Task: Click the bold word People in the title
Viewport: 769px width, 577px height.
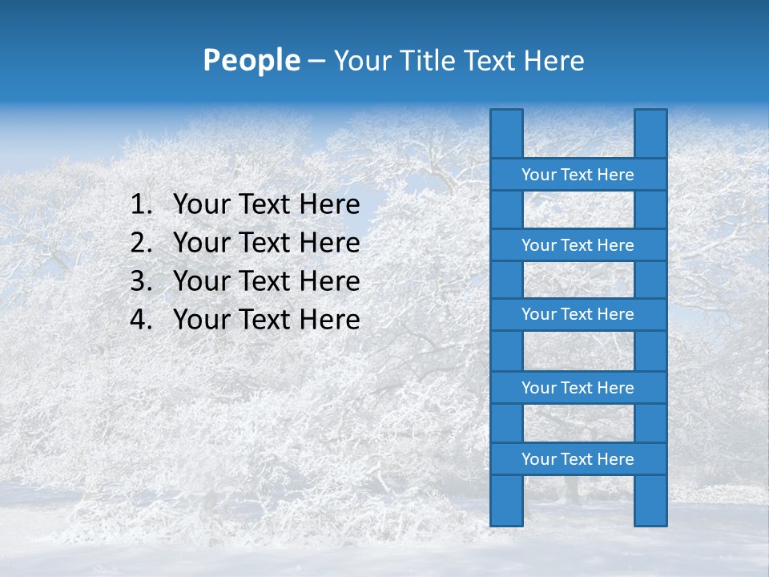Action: point(251,60)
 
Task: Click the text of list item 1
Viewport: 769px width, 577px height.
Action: point(266,205)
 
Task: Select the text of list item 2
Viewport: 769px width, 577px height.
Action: point(266,243)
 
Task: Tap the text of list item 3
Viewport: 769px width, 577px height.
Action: point(266,281)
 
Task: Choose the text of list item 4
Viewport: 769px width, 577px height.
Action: point(266,320)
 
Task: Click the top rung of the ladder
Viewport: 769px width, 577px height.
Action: point(578,175)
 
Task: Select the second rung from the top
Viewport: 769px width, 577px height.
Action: point(578,245)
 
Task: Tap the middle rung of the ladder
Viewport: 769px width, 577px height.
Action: point(578,315)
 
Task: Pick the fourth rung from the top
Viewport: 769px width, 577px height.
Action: point(578,388)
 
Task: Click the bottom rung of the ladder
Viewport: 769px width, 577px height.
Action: point(578,459)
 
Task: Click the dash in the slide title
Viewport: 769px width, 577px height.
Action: point(316,62)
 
